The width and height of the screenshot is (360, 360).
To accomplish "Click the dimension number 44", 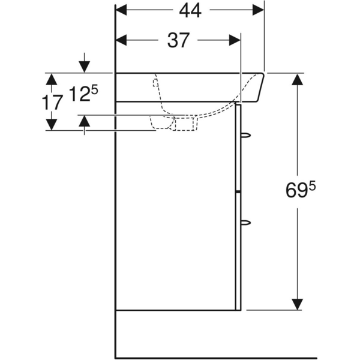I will pyautogui.click(x=189, y=10).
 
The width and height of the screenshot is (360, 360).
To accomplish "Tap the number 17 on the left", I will pyautogui.click(x=53, y=102).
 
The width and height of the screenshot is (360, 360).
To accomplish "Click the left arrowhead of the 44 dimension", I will pyautogui.click(x=122, y=10).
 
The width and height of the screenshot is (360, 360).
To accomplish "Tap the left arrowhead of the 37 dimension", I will pyautogui.click(x=122, y=40).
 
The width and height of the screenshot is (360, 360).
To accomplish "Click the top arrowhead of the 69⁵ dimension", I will pyautogui.click(x=296, y=80).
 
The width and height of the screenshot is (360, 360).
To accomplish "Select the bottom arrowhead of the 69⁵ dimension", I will pyautogui.click(x=296, y=304).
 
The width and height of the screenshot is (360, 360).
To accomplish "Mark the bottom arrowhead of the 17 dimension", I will pyautogui.click(x=52, y=124).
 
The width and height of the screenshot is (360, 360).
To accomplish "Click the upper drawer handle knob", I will pyautogui.click(x=245, y=136).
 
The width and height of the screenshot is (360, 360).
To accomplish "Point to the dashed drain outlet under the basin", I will pyautogui.click(x=184, y=123).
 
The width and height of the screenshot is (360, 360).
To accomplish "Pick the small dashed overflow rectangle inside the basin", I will pyautogui.click(x=155, y=81).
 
